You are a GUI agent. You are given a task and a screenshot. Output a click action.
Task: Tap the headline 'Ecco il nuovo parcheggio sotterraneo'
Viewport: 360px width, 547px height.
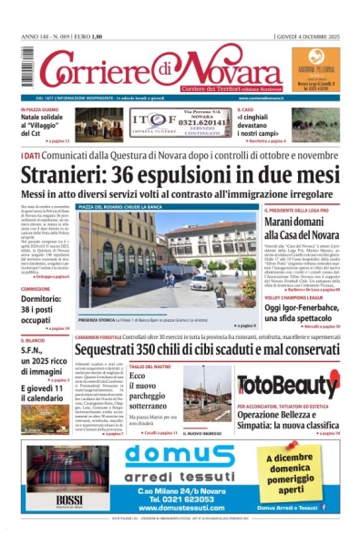[x=150, y=391]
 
